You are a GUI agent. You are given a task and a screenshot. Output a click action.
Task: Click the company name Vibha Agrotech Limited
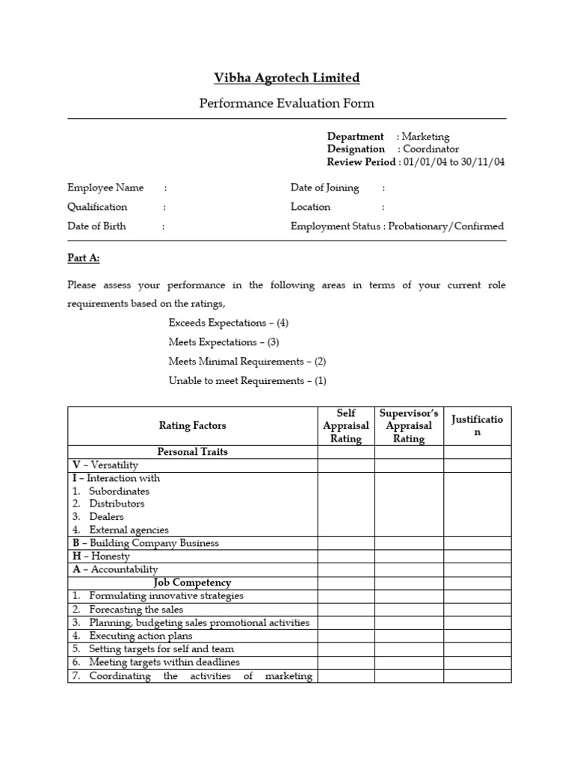(x=286, y=78)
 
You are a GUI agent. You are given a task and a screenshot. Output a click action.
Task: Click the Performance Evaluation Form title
(x=286, y=103)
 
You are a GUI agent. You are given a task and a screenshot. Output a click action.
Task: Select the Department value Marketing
(x=425, y=137)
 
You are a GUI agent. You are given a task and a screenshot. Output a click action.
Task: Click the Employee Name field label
(x=105, y=188)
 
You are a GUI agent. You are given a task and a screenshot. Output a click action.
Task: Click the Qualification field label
(x=97, y=207)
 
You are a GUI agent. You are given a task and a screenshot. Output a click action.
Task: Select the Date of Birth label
(x=96, y=226)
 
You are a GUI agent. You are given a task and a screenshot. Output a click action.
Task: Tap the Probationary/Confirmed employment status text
(x=446, y=226)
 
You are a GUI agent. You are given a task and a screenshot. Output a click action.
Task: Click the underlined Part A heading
(x=83, y=258)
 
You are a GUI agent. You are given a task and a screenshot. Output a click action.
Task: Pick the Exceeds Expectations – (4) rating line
(x=228, y=323)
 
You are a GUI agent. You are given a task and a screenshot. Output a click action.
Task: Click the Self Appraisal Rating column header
(x=346, y=426)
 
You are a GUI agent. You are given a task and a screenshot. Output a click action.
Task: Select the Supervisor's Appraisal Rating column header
(x=409, y=426)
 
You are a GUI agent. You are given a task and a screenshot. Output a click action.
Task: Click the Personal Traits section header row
(x=192, y=452)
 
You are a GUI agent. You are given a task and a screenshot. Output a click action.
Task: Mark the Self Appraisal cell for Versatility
(x=346, y=465)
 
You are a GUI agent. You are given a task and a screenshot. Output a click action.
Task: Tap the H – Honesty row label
(x=101, y=557)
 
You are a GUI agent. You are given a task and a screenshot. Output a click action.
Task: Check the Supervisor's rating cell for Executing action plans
(x=409, y=636)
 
